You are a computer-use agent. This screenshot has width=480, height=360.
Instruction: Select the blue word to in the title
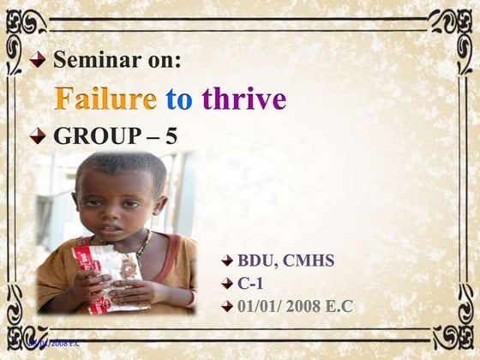179,99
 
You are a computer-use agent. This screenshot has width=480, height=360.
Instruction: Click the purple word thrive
243,99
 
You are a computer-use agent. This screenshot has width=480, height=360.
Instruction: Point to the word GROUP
94,136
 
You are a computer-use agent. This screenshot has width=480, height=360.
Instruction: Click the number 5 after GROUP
171,136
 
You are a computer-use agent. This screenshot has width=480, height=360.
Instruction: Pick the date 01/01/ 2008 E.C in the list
295,305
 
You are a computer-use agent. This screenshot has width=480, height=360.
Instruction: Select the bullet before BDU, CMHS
227,259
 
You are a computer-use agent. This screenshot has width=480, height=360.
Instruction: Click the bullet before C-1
227,282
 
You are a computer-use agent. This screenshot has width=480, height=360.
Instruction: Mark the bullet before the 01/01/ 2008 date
227,306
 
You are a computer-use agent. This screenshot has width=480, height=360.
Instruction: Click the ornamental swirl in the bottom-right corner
451,331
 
